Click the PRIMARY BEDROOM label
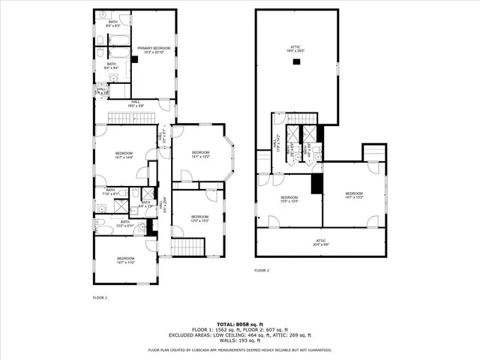click(x=154, y=51)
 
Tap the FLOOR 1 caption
click(x=100, y=298)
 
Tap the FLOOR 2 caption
click(x=262, y=270)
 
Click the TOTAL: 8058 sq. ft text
click(x=239, y=323)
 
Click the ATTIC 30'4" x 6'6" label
click(x=320, y=241)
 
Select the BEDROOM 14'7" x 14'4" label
click(x=124, y=155)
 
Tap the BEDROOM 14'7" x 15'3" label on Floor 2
click(x=355, y=193)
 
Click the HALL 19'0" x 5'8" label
click(x=136, y=103)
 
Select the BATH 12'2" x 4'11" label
click(x=124, y=223)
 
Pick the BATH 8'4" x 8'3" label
click(x=113, y=24)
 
